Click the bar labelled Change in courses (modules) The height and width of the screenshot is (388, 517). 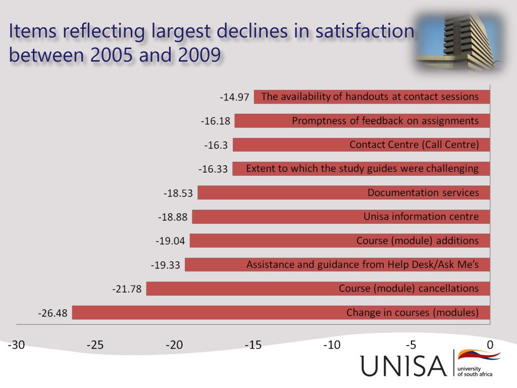click(281, 313)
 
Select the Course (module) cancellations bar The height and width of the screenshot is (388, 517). click(318, 288)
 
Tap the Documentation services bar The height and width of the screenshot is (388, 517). click(343, 192)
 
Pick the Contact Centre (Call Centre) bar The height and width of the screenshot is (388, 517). click(361, 145)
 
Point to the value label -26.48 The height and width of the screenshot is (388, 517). click(53, 313)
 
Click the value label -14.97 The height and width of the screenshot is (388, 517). click(234, 97)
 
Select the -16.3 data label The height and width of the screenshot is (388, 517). click(216, 145)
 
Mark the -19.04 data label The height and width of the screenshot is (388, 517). click(171, 241)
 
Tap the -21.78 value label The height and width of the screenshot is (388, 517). click(127, 289)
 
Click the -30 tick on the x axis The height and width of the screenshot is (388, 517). click(16, 345)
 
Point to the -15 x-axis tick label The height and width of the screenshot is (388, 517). click(253, 345)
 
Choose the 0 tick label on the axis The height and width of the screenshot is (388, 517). click(490, 345)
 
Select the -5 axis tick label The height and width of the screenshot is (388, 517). click(411, 345)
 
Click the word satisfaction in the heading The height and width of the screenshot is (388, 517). click(365, 31)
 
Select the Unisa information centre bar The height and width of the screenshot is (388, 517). click(341, 217)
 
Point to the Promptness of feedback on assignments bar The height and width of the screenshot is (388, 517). click(362, 121)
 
